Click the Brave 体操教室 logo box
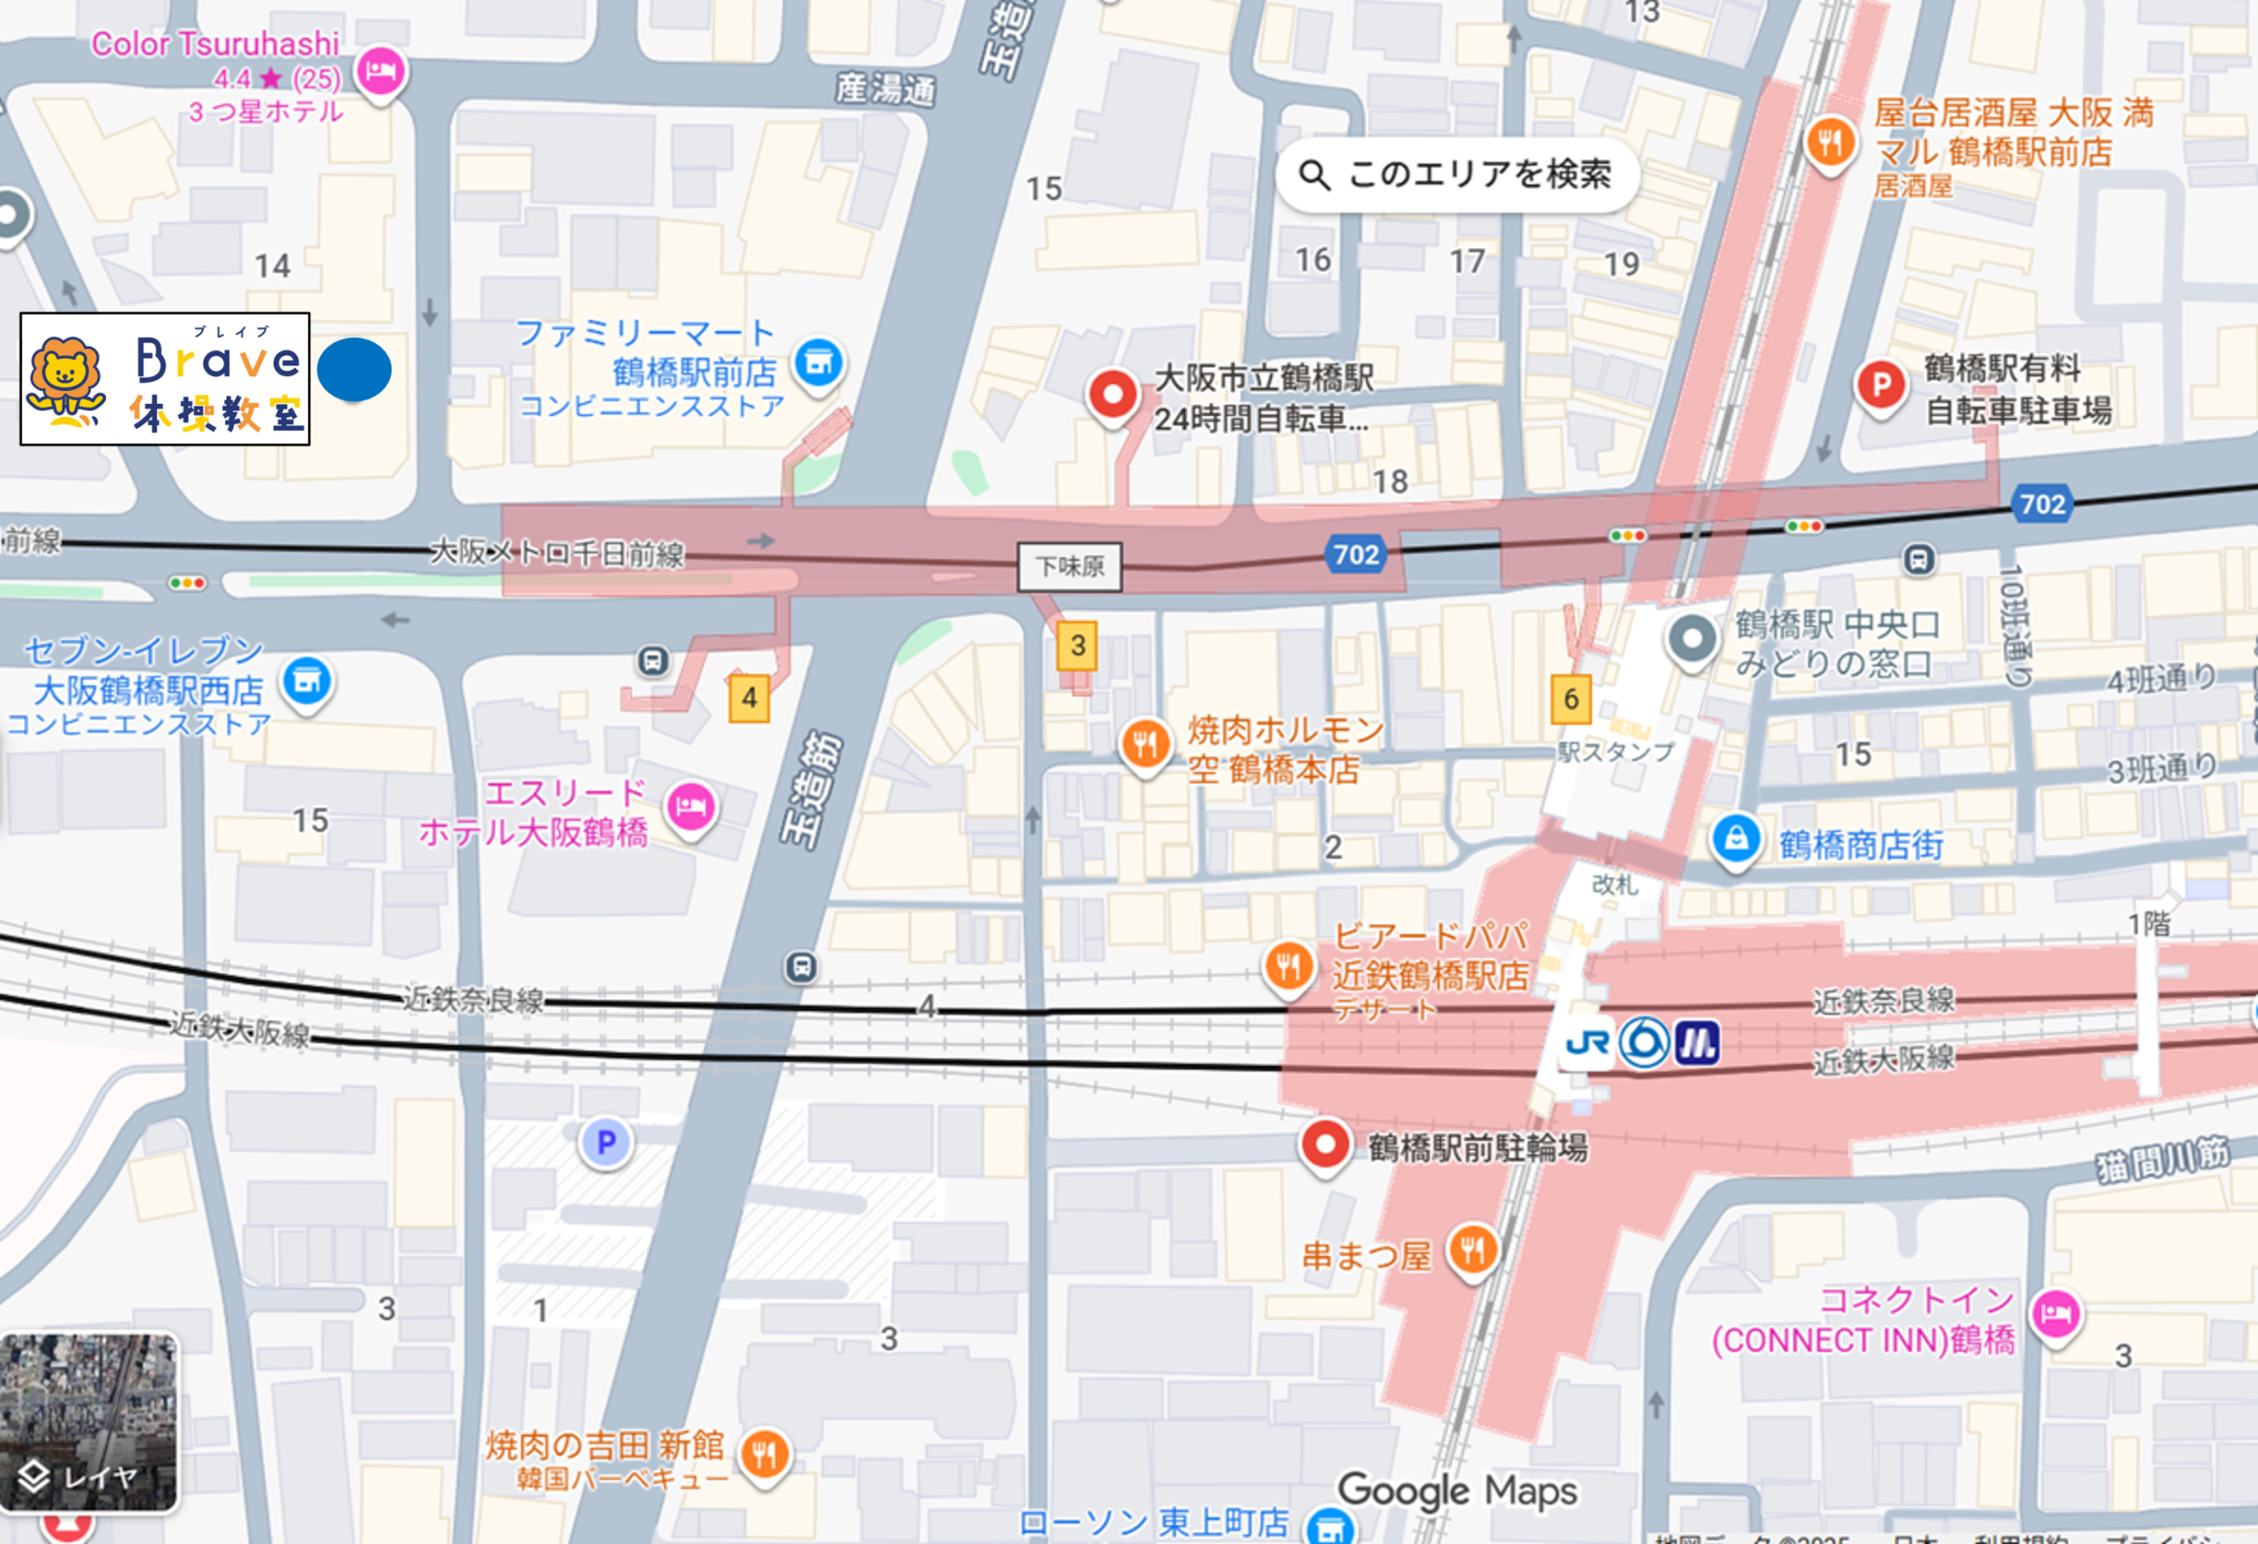pos(165,379)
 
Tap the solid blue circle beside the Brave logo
pos(354,371)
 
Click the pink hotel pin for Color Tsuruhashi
pos(380,71)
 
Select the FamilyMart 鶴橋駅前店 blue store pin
pos(819,363)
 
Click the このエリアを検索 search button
pos(1456,175)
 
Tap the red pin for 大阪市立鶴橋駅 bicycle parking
pos(1112,394)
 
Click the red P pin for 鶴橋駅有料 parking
pos(1880,385)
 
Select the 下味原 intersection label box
pos(1070,566)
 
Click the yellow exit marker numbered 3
pos(1077,645)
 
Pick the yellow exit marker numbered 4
pos(748,698)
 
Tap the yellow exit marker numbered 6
pos(1570,699)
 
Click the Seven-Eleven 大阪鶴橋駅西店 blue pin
pos(307,681)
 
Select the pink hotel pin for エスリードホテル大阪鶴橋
pos(691,806)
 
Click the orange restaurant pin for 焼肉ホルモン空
pos(1145,745)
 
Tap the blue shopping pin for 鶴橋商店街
pos(1735,838)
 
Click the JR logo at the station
pos(1588,1044)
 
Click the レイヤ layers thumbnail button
pos(88,1422)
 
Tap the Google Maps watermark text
pos(1456,1489)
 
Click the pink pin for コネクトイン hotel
pos(2056,1315)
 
